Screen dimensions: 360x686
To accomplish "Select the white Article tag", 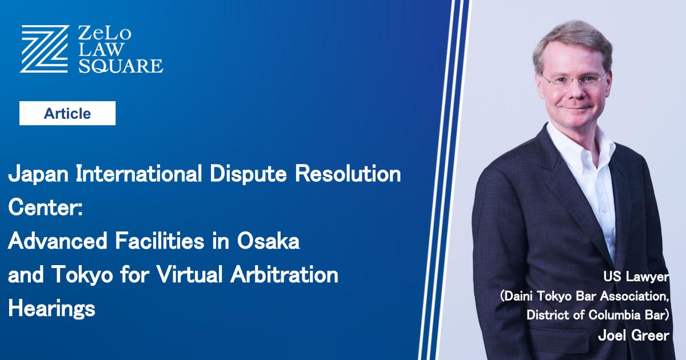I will click(x=67, y=113).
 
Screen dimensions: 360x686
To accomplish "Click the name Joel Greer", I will click(x=633, y=337).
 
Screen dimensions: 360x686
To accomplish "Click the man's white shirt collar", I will click(x=572, y=150).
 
